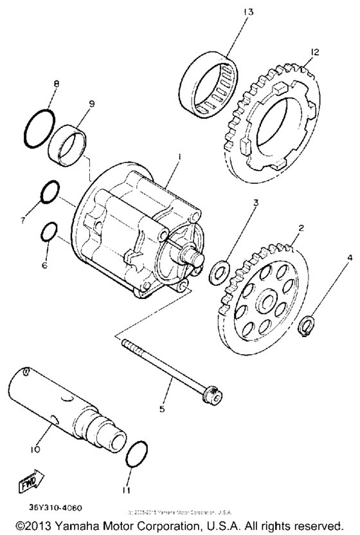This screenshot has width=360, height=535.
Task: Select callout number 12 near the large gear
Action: [314, 52]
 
